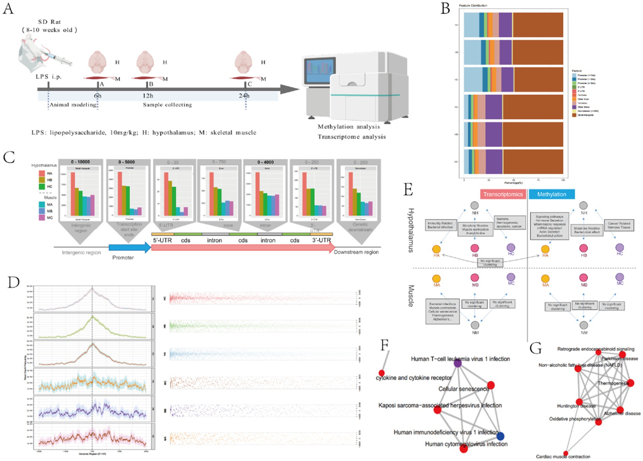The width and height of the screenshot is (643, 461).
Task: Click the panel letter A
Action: pos(8,8)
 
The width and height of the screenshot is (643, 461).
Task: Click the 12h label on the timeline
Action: pos(148,96)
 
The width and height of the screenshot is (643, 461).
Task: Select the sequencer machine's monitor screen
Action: pos(319,72)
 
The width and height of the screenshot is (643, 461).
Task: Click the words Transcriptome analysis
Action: pos(352,137)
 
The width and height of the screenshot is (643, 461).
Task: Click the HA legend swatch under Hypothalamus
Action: pos(42,173)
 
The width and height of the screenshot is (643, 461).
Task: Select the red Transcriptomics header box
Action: pos(503,194)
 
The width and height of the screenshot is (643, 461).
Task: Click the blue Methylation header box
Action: pos(552,194)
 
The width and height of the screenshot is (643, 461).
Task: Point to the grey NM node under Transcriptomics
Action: pos(475,325)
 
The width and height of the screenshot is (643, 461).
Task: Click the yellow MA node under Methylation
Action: pos(545,278)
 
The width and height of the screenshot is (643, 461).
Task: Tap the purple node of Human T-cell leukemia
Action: pos(457,363)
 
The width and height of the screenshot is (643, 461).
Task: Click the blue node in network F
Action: pos(500,436)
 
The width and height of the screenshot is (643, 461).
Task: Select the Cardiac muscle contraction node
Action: pos(566,454)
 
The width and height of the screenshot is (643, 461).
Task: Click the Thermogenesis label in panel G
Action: pos(613,383)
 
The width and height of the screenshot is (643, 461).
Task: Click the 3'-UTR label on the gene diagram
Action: pos(321,240)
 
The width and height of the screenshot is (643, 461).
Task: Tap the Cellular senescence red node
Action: pos(491,385)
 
